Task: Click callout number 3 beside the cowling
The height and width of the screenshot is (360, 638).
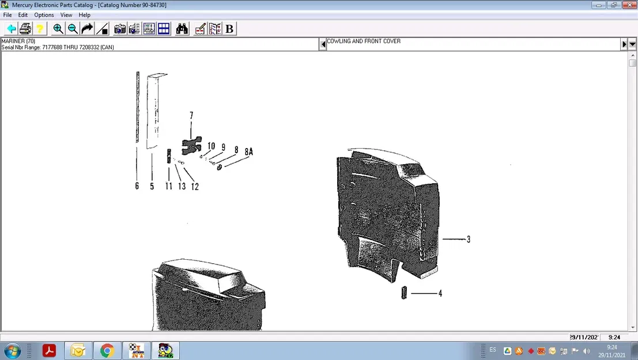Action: (x=469, y=240)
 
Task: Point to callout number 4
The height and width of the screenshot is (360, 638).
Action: (x=440, y=294)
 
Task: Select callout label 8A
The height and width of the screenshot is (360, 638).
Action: (x=248, y=152)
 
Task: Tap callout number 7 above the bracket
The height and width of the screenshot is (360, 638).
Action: (x=191, y=116)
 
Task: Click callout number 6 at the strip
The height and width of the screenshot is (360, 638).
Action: (x=137, y=186)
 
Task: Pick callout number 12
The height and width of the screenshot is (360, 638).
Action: (x=195, y=187)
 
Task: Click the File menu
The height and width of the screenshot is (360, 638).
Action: (x=7, y=15)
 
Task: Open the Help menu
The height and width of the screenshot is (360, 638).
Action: (x=85, y=15)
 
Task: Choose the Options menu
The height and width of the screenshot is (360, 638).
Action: (x=44, y=15)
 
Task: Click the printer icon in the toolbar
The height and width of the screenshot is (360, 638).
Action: (x=25, y=29)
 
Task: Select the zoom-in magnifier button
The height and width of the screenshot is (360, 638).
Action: (x=58, y=29)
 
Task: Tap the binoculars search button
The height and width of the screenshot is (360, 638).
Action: (x=182, y=29)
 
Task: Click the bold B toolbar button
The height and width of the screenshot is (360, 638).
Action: (x=229, y=29)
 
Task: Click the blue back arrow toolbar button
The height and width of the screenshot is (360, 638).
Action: (x=11, y=29)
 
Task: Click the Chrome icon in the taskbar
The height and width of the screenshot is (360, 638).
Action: (x=107, y=350)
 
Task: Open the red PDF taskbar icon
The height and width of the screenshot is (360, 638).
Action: (x=49, y=350)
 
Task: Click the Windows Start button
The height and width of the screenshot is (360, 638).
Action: (x=12, y=350)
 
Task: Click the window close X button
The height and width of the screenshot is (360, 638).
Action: (x=629, y=5)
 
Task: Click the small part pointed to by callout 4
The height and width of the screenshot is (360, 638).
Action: (x=405, y=293)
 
